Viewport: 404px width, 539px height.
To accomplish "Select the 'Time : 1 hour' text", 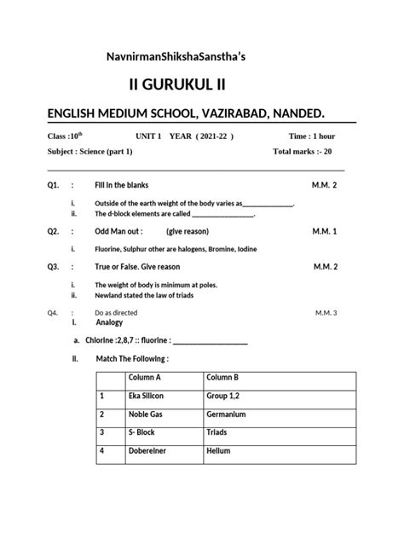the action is (313, 136).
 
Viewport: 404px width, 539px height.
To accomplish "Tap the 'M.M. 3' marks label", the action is (325, 313).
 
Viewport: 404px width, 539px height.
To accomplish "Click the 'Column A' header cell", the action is (145, 377).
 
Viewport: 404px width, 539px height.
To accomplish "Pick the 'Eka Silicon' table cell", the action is (146, 396).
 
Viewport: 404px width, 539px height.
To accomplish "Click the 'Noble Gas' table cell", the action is (145, 414).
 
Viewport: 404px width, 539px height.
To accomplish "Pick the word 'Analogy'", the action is (111, 323).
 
